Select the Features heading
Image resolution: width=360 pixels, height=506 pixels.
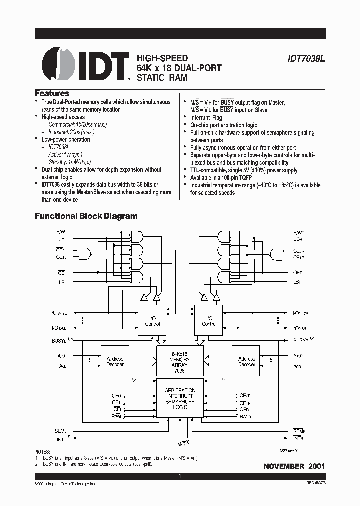tap(52, 93)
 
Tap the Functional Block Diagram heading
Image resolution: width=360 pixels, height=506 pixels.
tap(86, 216)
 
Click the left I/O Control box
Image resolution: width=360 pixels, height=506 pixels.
tap(152, 321)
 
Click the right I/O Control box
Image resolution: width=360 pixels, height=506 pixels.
tap(209, 321)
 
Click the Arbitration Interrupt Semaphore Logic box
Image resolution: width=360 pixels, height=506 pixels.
tap(180, 399)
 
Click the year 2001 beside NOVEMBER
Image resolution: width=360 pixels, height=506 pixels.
tap(317, 466)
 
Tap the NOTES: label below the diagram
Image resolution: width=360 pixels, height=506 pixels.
tap(43, 451)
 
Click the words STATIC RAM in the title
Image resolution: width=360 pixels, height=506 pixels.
tap(162, 78)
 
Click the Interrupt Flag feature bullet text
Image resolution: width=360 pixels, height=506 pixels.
tap(206, 118)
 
